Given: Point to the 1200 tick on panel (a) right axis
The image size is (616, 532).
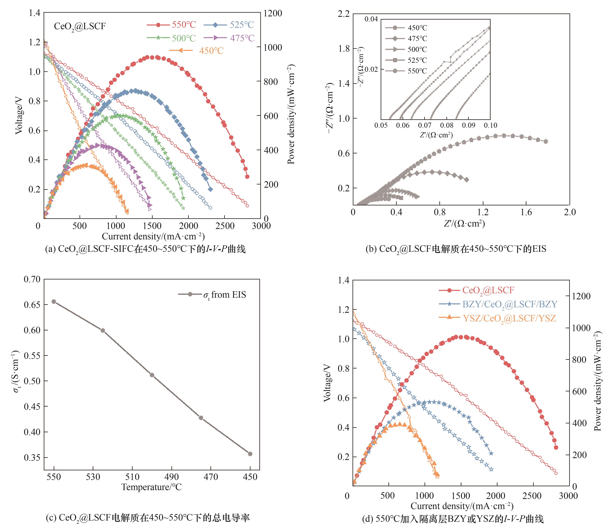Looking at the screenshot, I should point(273,13).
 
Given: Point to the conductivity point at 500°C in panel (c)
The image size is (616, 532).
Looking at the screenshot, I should point(152,375).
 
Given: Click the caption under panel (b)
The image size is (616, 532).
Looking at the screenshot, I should point(456,249).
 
